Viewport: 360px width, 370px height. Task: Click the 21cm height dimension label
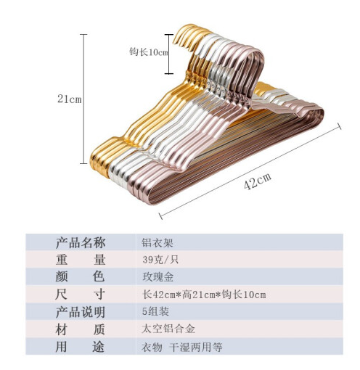click(x=70, y=99)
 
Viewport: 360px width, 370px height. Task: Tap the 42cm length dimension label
click(x=258, y=181)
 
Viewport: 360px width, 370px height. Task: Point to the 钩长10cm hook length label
click(x=149, y=52)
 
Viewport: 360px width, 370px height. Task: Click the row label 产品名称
click(x=81, y=242)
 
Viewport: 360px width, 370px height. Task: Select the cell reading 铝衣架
click(x=157, y=242)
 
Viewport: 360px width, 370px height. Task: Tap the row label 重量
click(x=81, y=260)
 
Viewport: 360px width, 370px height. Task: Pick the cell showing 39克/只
click(x=160, y=260)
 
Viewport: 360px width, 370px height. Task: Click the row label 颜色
click(x=80, y=277)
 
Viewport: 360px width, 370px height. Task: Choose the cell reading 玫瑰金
click(x=157, y=277)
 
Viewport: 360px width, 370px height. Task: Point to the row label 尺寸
click(x=80, y=295)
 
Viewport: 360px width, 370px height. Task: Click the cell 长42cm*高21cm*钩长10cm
click(x=204, y=295)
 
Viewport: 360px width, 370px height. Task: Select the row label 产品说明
click(x=81, y=312)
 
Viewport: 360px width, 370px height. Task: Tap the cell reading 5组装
click(x=155, y=311)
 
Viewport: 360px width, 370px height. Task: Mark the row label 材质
click(x=80, y=329)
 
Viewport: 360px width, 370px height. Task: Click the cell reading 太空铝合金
click(x=168, y=329)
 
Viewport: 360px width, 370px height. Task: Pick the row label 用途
click(x=80, y=347)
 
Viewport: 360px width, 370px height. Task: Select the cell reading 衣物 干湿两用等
click(x=182, y=347)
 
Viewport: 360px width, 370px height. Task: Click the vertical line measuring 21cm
click(x=83, y=99)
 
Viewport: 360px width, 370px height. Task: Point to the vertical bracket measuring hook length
click(x=169, y=54)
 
